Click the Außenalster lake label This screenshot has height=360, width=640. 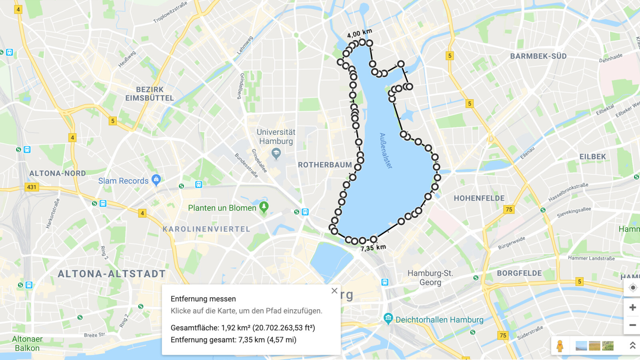386,150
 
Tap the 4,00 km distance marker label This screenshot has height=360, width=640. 359,33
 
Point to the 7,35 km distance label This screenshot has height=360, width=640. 373,248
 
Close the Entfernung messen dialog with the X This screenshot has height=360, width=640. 334,291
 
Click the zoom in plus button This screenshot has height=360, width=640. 632,307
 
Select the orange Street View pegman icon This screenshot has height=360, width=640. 560,346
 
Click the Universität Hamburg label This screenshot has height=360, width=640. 276,136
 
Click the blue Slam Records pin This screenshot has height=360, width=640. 156,180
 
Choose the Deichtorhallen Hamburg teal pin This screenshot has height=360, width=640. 388,318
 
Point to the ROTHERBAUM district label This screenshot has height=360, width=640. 325,165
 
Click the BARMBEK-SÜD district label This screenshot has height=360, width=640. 538,56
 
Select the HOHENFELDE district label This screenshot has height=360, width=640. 479,198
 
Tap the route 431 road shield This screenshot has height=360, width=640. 32,187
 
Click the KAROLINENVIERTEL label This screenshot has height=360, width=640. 206,229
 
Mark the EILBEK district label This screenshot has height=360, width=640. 592,157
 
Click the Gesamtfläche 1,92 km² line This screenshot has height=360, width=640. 243,328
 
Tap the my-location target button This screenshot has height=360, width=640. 632,288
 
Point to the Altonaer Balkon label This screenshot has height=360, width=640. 27,343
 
